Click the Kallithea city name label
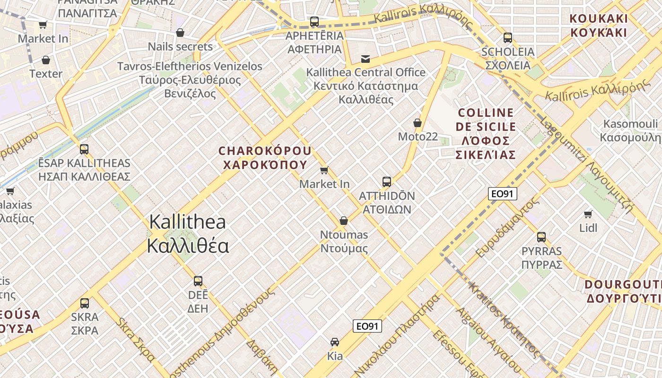click(188, 234)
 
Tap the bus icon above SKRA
click(85, 303)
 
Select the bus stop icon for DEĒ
click(198, 281)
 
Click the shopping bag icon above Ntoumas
click(344, 221)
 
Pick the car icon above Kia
click(335, 342)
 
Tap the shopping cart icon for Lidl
click(588, 214)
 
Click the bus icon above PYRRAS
click(541, 237)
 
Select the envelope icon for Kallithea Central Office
click(366, 59)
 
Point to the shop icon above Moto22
click(418, 123)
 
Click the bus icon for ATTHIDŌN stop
click(387, 181)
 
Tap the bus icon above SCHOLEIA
click(508, 37)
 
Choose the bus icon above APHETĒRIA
click(314, 21)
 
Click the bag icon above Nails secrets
click(180, 33)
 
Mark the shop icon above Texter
click(46, 60)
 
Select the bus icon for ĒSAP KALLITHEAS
click(84, 149)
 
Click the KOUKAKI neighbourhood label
click(599, 26)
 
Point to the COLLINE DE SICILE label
click(486, 134)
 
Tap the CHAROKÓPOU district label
click(265, 158)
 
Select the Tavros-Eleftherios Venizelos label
click(190, 80)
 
